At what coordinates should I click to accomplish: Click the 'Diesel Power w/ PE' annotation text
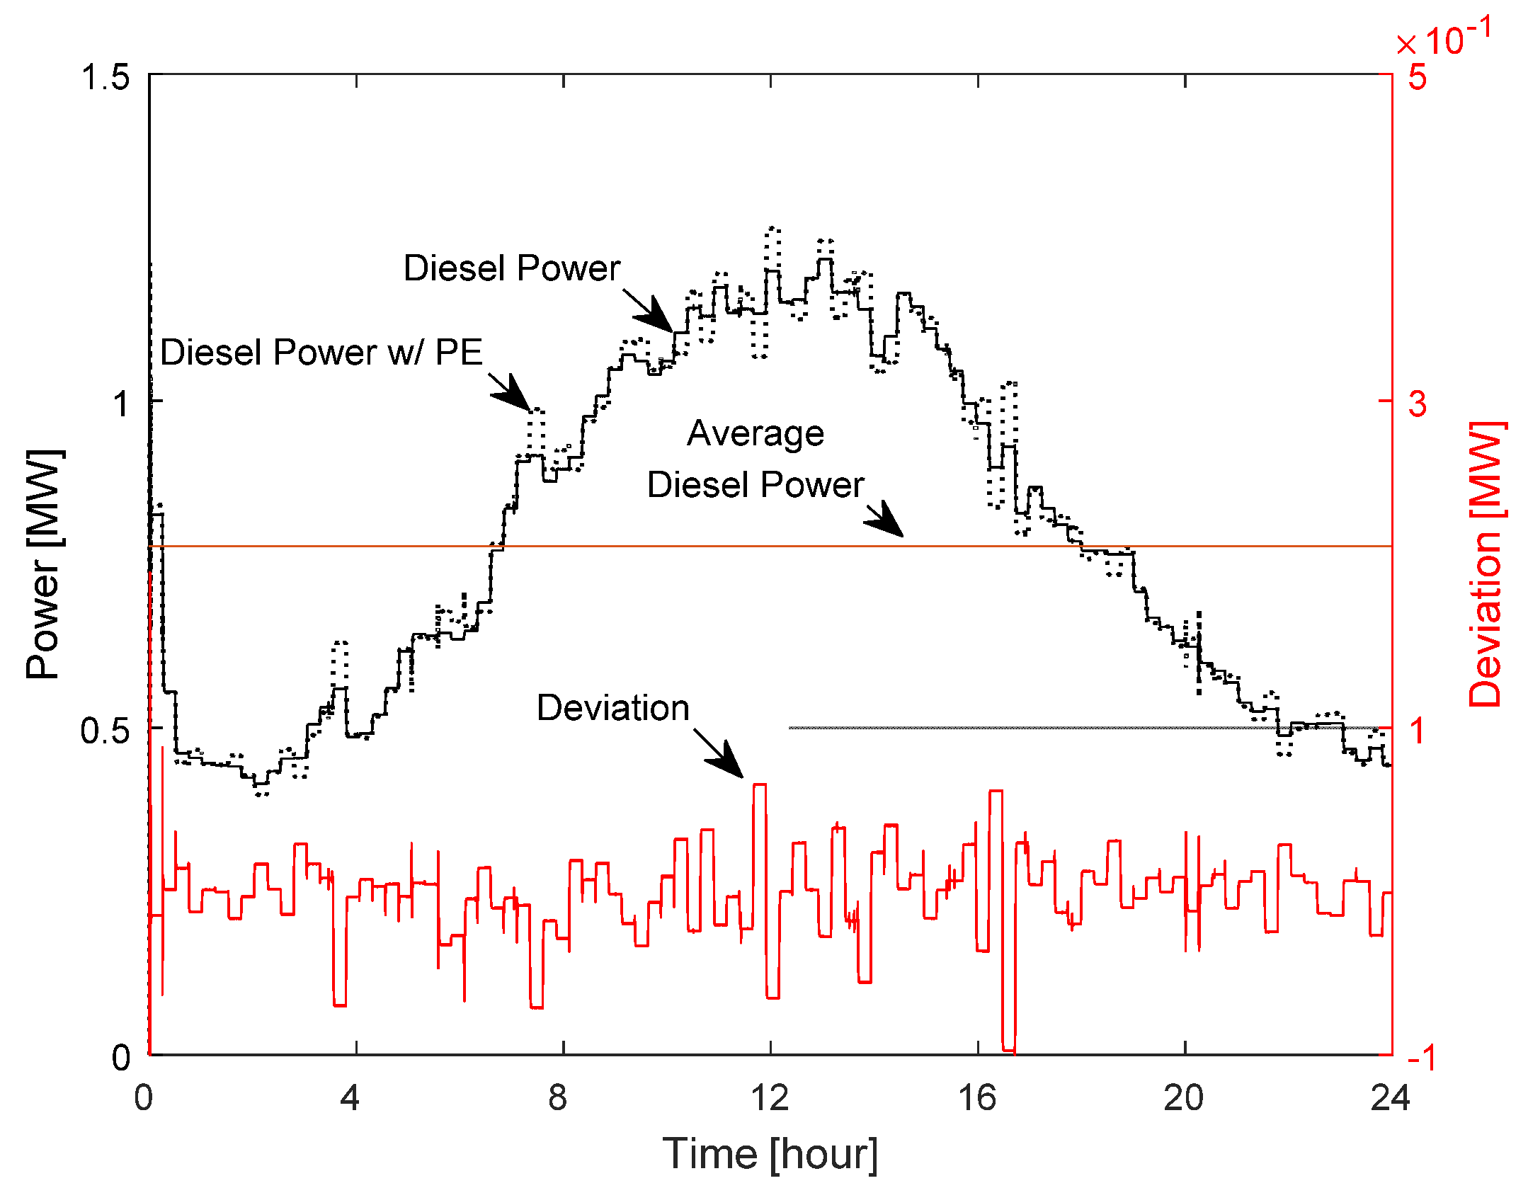321,352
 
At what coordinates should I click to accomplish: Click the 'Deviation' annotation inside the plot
612,707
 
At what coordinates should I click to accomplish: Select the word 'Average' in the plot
756,433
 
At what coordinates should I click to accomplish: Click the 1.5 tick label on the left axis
105,76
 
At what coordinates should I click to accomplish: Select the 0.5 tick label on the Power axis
105,730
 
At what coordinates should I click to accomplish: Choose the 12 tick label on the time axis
770,1098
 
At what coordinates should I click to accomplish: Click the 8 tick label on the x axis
558,1098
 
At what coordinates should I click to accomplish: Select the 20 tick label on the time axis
1183,1098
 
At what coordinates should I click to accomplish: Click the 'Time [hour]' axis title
770,1155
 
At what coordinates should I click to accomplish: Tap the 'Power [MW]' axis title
44,564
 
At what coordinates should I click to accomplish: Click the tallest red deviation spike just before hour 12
759,785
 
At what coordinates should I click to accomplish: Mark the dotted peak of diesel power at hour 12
773,229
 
